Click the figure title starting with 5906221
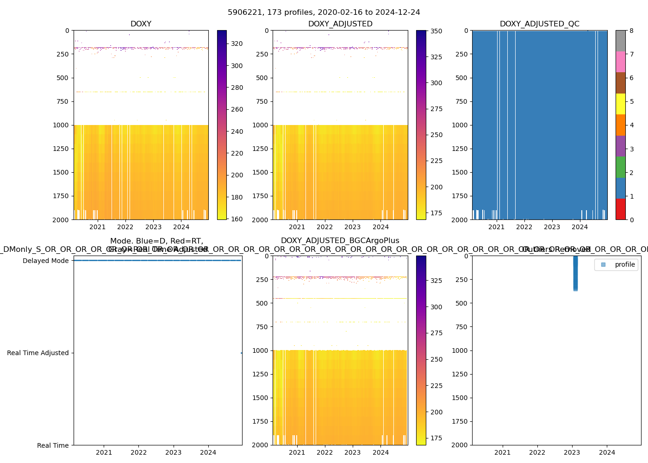coord(324,13)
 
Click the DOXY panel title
coord(141,24)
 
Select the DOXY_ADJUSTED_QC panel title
coord(539,24)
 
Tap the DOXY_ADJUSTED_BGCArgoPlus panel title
coord(340,241)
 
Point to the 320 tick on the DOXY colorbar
coord(237,44)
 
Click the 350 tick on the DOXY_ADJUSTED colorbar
coord(436,31)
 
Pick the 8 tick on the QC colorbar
coord(631,31)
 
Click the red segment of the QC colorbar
coord(620,209)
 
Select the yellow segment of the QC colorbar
coord(620,104)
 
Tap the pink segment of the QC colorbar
coord(620,62)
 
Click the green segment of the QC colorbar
coord(620,167)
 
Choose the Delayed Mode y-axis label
coord(45,261)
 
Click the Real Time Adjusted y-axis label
coord(37,353)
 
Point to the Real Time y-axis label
coord(53,445)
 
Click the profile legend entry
coord(624,264)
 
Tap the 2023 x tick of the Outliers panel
coord(572,452)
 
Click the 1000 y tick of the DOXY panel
coord(61,125)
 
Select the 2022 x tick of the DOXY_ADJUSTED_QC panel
coord(524,227)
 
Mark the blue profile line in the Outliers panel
coord(575,273)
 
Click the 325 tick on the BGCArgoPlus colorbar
coord(436,281)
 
